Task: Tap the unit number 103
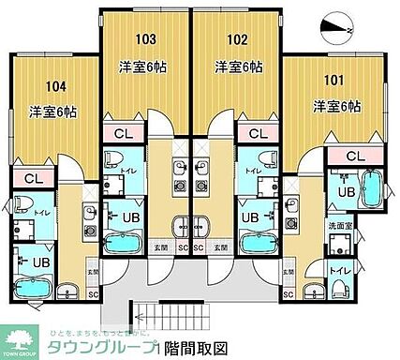(145, 39)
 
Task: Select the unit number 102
(238, 39)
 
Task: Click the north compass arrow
(336, 29)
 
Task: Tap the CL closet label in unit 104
(33, 178)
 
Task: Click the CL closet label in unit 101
(355, 156)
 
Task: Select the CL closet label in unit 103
(123, 133)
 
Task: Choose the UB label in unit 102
(251, 217)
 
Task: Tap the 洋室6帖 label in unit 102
(238, 67)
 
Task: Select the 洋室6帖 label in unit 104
(52, 111)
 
